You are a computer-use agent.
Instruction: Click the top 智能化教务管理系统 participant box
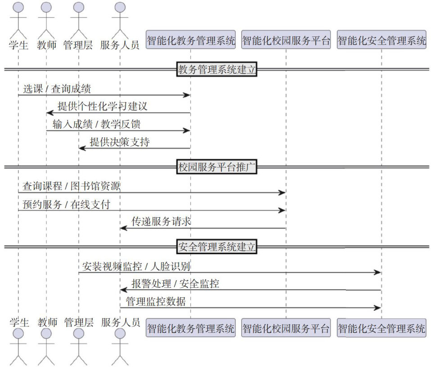191,41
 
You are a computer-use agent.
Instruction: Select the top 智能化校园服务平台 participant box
286,41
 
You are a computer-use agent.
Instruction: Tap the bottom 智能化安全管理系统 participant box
381,328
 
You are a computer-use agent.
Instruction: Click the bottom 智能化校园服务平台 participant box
286,328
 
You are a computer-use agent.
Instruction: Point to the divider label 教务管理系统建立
217,69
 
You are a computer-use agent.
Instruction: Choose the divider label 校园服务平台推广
217,167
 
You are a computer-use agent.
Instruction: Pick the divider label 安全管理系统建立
217,247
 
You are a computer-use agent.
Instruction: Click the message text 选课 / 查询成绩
57,89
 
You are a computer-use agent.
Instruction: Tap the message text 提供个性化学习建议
102,107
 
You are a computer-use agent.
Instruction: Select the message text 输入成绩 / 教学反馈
99,125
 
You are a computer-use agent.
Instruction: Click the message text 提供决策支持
119,143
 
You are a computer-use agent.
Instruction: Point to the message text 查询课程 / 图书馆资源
72,186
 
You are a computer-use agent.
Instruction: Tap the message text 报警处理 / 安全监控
175,284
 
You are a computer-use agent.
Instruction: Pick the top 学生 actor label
18,45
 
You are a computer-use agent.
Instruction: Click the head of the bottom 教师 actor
46,334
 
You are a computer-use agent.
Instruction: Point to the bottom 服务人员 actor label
120,322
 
